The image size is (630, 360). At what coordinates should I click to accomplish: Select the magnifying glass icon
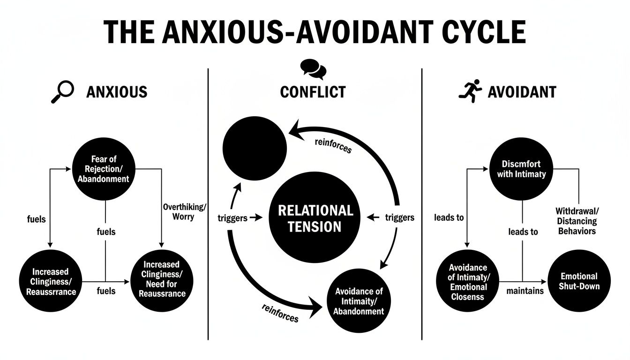pyautogui.click(x=62, y=91)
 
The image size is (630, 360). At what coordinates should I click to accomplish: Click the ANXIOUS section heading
pyautogui.click(x=117, y=92)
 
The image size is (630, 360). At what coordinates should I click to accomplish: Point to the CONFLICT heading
pyautogui.click(x=313, y=92)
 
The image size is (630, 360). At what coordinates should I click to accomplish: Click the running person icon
pyautogui.click(x=470, y=91)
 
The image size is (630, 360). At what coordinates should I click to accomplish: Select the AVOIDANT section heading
pyautogui.click(x=522, y=92)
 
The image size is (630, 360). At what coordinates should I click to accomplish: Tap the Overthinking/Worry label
pyautogui.click(x=185, y=212)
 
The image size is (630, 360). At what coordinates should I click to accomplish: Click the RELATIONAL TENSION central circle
pyautogui.click(x=315, y=218)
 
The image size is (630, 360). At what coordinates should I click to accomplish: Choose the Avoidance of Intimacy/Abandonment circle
pyautogui.click(x=359, y=301)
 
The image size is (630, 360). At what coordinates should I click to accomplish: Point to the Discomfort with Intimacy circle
pyautogui.click(x=521, y=169)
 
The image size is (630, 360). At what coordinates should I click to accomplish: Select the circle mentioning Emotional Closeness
pyautogui.click(x=468, y=282)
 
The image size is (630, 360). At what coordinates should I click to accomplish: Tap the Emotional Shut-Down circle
pyautogui.click(x=578, y=281)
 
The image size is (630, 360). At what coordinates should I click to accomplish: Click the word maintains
pyautogui.click(x=525, y=291)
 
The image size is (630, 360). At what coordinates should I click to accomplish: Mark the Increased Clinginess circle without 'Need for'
pyautogui.click(x=51, y=282)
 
